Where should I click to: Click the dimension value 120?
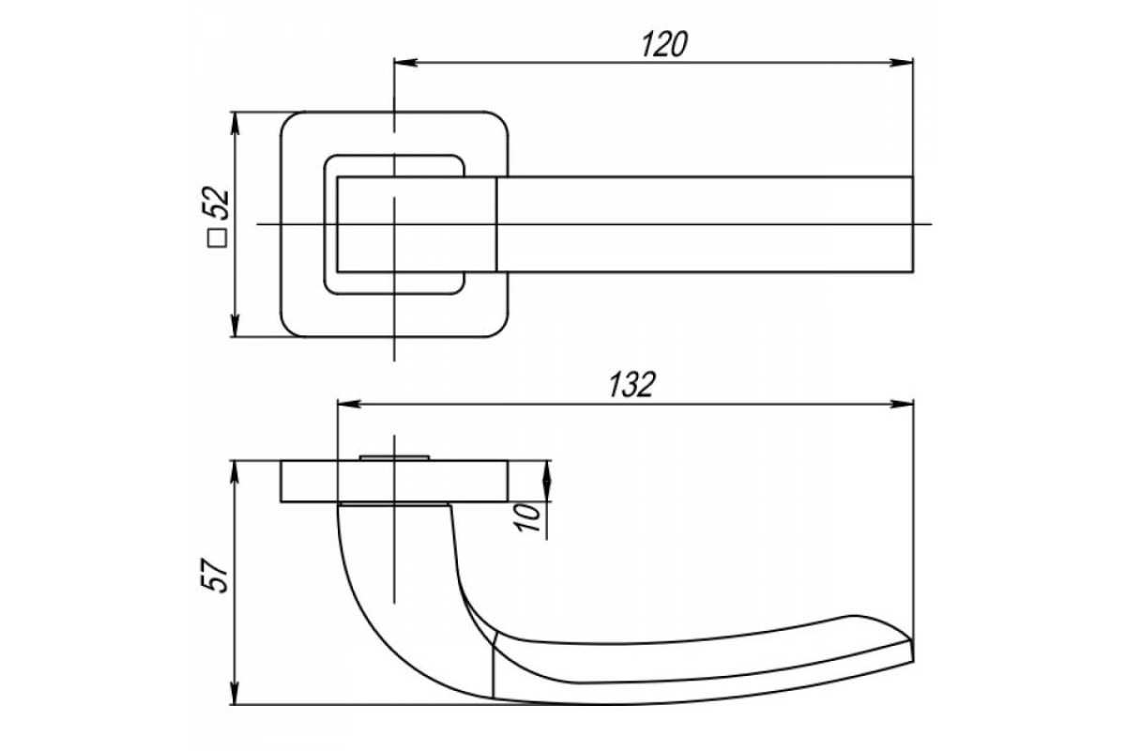pos(664,44)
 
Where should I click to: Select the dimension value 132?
pos(631,385)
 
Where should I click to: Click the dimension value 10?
pos(527,517)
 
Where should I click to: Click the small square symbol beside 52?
pos(218,238)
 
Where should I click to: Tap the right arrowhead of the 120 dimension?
pos(902,63)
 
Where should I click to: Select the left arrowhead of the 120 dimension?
pos(405,63)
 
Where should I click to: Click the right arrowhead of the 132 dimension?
pos(902,404)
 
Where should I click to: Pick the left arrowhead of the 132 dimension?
pos(349,404)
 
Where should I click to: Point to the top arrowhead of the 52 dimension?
pos(235,124)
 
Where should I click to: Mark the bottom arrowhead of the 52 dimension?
pos(235,325)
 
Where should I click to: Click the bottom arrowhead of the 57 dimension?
pos(235,693)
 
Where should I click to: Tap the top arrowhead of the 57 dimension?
pos(235,473)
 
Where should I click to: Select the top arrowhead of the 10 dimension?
pos(547,473)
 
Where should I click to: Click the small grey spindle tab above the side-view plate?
pos(394,458)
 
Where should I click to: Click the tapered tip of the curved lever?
pos(911,651)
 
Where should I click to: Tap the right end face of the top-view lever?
pos(912,224)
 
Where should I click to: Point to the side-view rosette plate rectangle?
pos(394,482)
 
